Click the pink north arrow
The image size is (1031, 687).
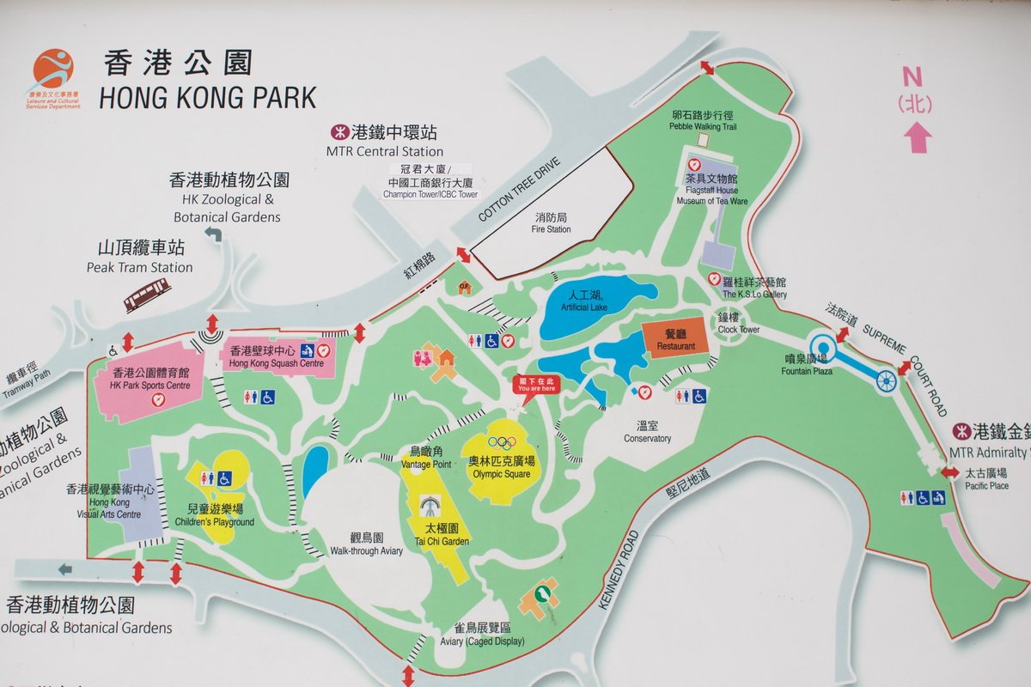917,137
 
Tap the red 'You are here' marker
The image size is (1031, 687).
536,385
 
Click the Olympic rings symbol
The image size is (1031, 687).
500,443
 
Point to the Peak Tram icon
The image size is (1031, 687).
147,296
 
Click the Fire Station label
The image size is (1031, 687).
551,223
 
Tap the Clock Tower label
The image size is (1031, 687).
739,324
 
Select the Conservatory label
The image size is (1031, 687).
647,432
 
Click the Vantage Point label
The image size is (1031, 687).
426,458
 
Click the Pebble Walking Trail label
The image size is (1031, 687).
704,120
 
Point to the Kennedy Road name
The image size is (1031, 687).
618,569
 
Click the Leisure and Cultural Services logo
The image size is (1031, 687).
52,77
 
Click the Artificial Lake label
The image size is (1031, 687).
584,301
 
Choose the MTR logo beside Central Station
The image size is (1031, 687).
339,133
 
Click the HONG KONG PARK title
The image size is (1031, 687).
208,97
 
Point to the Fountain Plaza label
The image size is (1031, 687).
806,365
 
